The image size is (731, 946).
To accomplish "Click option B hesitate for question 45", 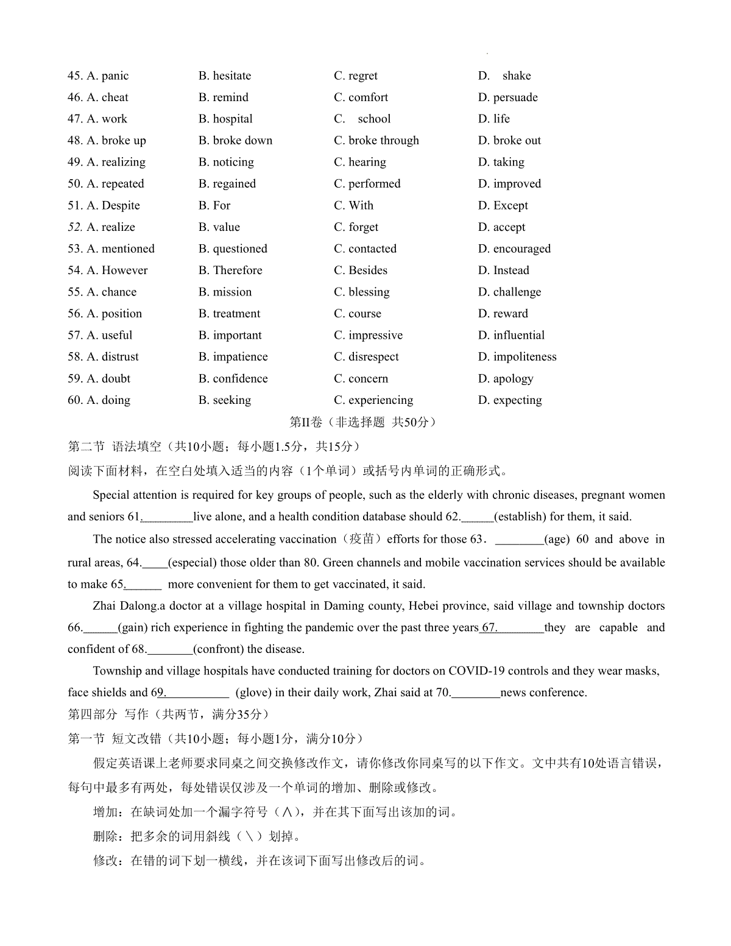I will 224,76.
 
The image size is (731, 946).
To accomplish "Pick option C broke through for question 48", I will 376,141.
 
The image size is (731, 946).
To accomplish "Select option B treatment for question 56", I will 229,314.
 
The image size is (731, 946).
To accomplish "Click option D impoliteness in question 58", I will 517,357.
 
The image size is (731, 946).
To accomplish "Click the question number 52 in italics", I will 75,227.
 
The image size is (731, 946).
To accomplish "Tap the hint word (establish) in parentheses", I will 520,517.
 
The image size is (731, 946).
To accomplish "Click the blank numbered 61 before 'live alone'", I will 166,517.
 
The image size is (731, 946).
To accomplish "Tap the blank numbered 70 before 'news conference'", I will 475,693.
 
